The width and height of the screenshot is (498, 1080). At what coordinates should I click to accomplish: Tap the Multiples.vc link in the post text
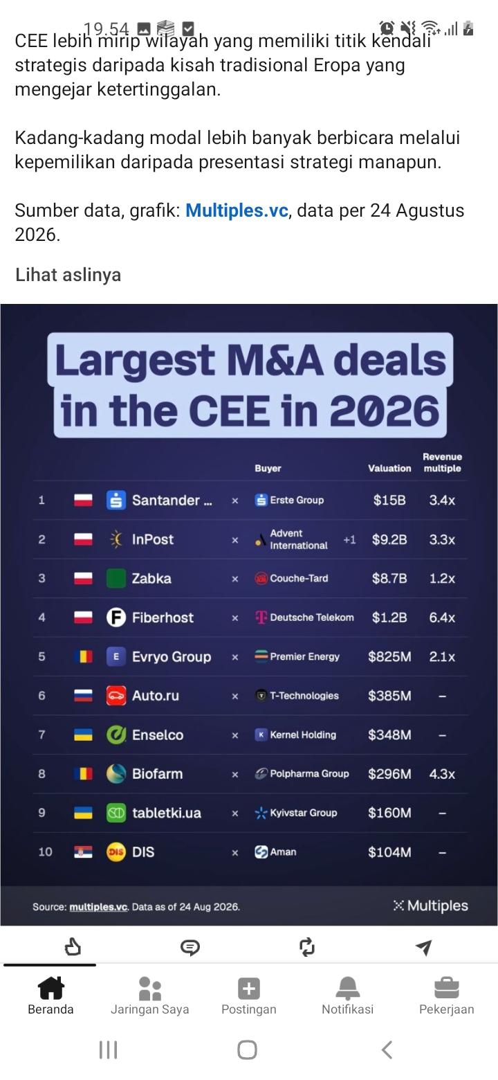coord(237,210)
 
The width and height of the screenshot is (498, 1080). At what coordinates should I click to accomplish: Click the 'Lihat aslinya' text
coord(68,275)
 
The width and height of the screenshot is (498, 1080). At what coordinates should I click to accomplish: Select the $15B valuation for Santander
coord(389,500)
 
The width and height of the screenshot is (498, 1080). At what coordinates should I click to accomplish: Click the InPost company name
coord(153,539)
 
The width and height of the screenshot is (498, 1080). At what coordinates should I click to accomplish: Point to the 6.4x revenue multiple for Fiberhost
coord(442,618)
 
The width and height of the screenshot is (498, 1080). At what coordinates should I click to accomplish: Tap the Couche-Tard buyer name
coord(299,578)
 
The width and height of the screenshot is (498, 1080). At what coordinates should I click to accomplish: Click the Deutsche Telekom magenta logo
coord(261,617)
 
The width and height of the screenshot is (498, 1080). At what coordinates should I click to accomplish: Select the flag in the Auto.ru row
coord(83,696)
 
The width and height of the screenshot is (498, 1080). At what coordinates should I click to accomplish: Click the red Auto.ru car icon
coord(116,696)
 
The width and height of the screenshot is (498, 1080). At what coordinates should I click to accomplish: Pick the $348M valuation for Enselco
coord(389,735)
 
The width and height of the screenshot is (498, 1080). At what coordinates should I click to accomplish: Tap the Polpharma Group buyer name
coord(309,774)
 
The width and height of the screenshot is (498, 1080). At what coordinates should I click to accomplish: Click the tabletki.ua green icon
coord(116,813)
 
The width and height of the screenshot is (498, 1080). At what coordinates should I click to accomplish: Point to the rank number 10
coord(45,852)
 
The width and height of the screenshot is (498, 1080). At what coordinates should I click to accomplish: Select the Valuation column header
coord(389,468)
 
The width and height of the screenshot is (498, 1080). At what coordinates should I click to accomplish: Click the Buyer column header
coord(268,468)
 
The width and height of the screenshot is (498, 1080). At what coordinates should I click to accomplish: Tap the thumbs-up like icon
coord(73,947)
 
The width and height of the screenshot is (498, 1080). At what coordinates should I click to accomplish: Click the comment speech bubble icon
coord(190,947)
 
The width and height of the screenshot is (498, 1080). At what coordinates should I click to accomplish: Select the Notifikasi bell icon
coord(348,988)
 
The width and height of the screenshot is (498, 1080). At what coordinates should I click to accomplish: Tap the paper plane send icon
coord(423,947)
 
